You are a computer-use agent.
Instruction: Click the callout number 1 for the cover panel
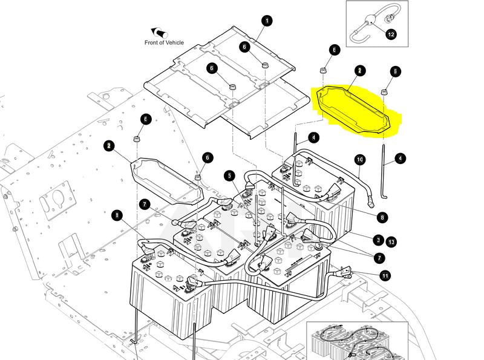pyautogui.click(x=267, y=21)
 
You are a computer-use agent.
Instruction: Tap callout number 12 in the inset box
pyautogui.click(x=391, y=34)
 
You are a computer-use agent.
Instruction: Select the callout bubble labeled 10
pyautogui.click(x=359, y=160)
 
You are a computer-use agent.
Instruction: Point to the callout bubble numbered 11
pyautogui.click(x=385, y=276)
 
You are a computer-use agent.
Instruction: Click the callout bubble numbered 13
pyautogui.click(x=391, y=242)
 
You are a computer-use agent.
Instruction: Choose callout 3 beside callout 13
pyautogui.click(x=378, y=240)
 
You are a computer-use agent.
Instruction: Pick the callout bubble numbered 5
pyautogui.click(x=229, y=176)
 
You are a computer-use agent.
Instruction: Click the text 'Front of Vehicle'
pyautogui.click(x=164, y=42)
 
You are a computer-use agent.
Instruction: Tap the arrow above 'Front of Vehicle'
pyautogui.click(x=159, y=31)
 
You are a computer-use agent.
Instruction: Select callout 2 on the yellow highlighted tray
pyautogui.click(x=359, y=71)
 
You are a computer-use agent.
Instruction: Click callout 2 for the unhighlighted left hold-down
pyautogui.click(x=108, y=146)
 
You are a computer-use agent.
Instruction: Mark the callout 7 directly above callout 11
pyautogui.click(x=379, y=258)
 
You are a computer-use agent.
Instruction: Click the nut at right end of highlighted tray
pyautogui.click(x=384, y=91)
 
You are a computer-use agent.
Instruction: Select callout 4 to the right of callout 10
pyautogui.click(x=400, y=159)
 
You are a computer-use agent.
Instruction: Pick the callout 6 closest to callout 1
pyautogui.click(x=244, y=47)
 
